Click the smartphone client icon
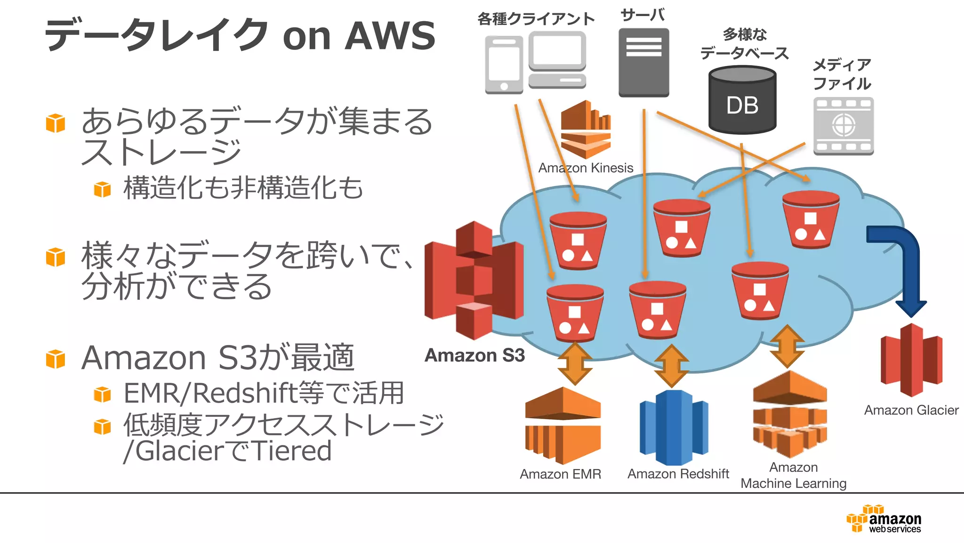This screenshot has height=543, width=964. tap(504, 65)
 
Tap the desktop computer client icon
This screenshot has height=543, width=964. tap(557, 59)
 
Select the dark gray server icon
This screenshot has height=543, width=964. tap(643, 62)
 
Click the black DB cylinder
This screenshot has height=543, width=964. tap(742, 100)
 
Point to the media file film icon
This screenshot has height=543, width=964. tap(843, 126)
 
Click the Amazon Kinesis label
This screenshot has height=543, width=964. tap(586, 168)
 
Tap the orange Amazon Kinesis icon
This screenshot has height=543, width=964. tap(586, 129)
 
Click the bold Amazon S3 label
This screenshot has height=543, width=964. tap(474, 355)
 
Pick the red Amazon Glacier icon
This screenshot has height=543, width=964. tap(911, 360)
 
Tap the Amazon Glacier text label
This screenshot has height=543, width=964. tap(911, 410)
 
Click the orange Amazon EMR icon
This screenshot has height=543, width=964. tap(562, 425)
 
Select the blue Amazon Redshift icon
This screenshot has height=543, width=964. tap(674, 427)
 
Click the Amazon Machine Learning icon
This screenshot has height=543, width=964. tap(790, 414)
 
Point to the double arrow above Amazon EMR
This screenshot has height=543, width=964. tap(575, 364)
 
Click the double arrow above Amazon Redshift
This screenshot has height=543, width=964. tap(672, 366)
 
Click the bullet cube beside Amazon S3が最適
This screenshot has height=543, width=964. tap(56, 359)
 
